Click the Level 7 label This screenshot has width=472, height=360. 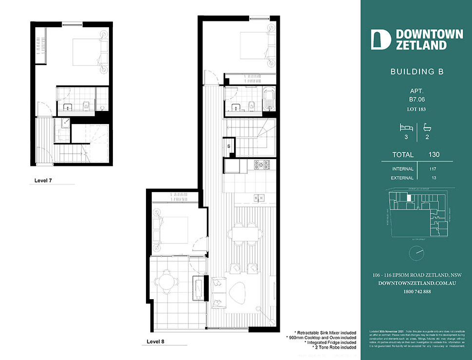point(43,180)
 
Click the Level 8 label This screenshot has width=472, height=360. point(155,342)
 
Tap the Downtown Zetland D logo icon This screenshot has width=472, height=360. point(381,39)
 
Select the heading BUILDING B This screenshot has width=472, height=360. point(417,72)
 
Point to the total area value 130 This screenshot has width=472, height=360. point(434,155)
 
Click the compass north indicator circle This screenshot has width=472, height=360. point(417,252)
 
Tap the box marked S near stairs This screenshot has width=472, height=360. point(229,145)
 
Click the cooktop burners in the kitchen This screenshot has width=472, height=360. point(262,165)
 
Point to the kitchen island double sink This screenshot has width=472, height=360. point(259,198)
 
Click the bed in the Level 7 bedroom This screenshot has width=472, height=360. point(88,52)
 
